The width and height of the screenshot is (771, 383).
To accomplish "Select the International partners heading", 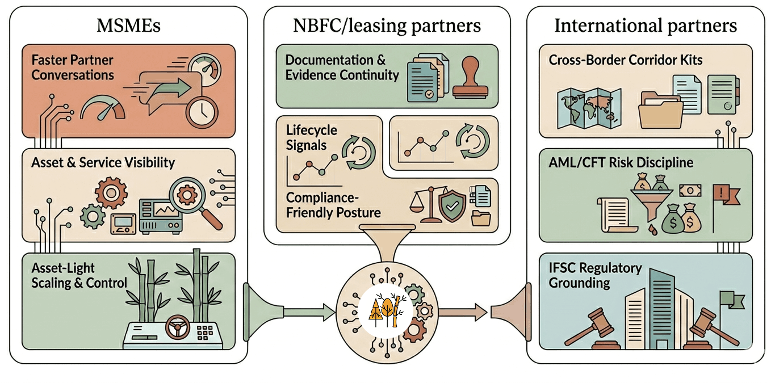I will pos(646,26).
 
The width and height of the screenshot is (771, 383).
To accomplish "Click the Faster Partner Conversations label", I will pos(73,67).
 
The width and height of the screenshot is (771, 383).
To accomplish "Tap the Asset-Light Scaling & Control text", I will pos(79,275).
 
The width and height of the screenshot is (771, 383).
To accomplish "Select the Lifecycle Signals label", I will pos(311,137).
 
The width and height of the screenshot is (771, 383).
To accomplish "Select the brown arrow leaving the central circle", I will pos(463,311).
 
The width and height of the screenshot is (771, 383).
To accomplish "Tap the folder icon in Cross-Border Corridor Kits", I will pos(660,111).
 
